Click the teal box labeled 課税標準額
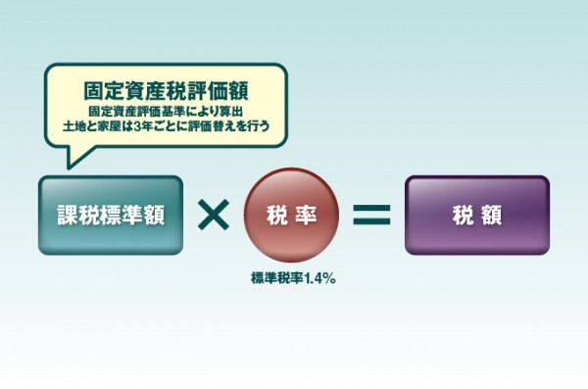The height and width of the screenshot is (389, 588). point(111,216)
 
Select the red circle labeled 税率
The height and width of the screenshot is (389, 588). point(294,216)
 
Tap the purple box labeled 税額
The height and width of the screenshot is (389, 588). point(477,216)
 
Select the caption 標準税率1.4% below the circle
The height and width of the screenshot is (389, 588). point(294,278)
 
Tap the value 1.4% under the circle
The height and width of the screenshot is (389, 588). point(320,278)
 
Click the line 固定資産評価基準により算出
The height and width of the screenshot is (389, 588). point(165,110)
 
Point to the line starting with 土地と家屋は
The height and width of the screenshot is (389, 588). point(165,126)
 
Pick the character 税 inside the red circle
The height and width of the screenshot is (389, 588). point(278,216)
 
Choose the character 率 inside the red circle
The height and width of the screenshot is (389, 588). point(309,216)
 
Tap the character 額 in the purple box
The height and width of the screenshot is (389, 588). point(492,216)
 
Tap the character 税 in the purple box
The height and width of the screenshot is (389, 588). point(462,216)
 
